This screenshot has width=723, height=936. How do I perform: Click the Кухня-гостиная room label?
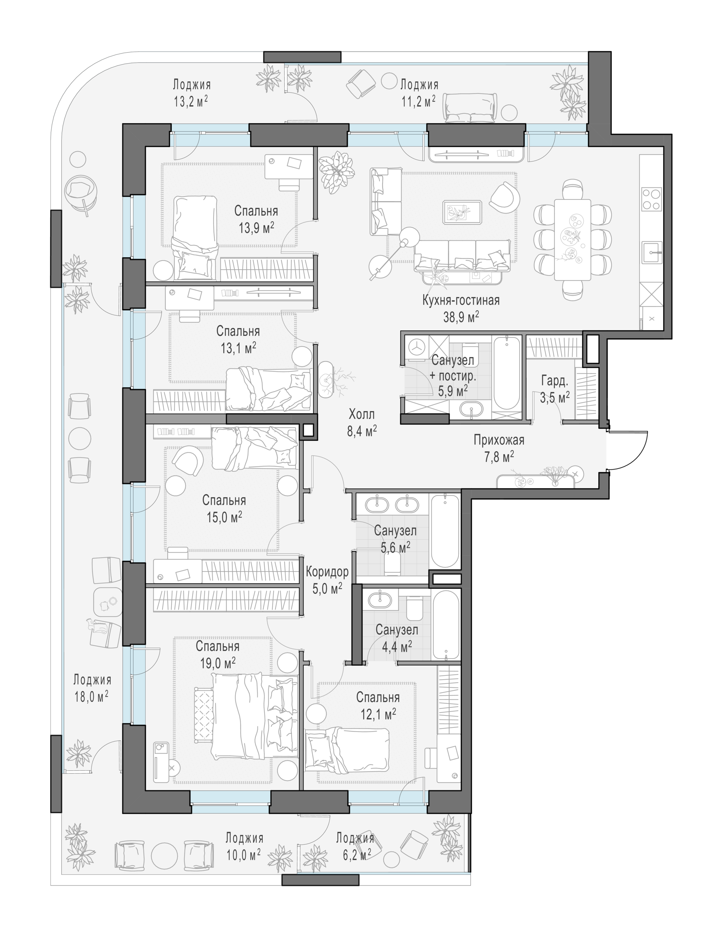pos(461,300)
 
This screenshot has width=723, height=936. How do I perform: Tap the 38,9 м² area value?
pos(461,317)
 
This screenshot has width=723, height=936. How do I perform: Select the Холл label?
pos(361,414)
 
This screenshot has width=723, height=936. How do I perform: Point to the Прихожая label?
pos(498,440)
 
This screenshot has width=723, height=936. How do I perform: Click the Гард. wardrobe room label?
pos(555,380)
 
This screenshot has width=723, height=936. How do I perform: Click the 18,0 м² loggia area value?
pos(92,696)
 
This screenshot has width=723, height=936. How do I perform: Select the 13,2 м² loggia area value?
pos(191,101)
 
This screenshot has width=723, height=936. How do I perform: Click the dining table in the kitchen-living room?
pos(572,240)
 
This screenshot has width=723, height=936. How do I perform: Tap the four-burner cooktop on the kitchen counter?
pos(651,199)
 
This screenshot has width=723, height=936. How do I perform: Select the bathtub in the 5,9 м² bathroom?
pos(506,373)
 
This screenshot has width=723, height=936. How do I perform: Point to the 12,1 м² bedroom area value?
pos(378,714)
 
